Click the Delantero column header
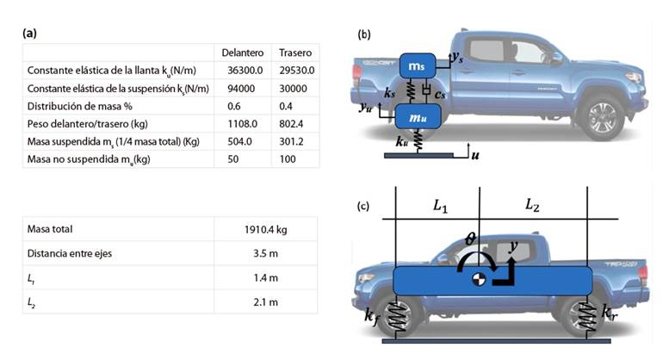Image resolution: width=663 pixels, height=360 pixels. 242,53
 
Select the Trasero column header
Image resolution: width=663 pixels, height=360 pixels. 295,53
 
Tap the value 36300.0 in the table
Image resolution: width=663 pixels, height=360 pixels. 245,71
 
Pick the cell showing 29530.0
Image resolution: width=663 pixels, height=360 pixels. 297,71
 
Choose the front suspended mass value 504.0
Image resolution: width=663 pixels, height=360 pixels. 239,142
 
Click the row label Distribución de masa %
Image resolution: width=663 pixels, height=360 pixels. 80,106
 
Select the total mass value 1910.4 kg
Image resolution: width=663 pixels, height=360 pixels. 265,230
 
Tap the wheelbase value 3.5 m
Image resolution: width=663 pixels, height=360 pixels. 265,254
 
